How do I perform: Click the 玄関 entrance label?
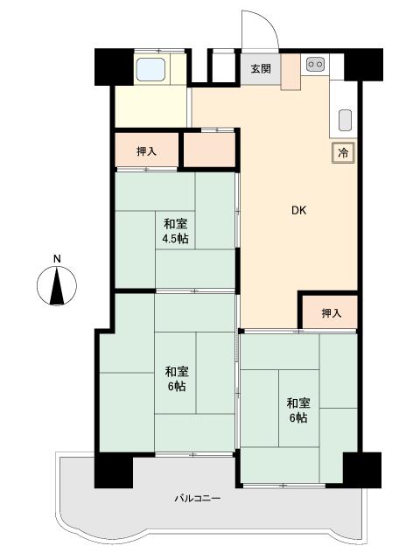tap(261, 68)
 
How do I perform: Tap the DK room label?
tap(299, 210)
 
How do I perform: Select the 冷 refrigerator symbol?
tap(343, 153)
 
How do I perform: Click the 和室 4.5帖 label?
tap(176, 231)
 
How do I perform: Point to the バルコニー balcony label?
tap(198, 498)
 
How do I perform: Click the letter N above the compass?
tap(57, 259)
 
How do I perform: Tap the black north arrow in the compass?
tap(57, 286)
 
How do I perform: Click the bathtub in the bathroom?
tap(150, 69)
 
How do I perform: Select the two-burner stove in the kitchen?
tap(315, 64)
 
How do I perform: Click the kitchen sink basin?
tap(345, 121)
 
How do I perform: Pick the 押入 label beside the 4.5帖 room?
tap(146, 151)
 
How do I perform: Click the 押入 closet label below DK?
tap(332, 313)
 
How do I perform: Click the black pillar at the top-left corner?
tap(114, 67)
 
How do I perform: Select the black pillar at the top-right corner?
tap(364, 65)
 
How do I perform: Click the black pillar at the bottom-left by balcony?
tap(114, 470)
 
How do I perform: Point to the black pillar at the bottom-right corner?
tap(362, 470)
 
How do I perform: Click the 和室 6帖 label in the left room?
tap(177, 379)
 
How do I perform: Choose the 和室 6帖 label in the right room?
tap(298, 410)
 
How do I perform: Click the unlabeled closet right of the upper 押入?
tap(209, 150)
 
